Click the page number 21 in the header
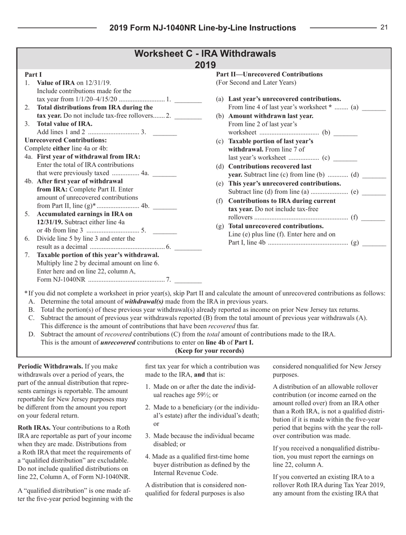[383, 27]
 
